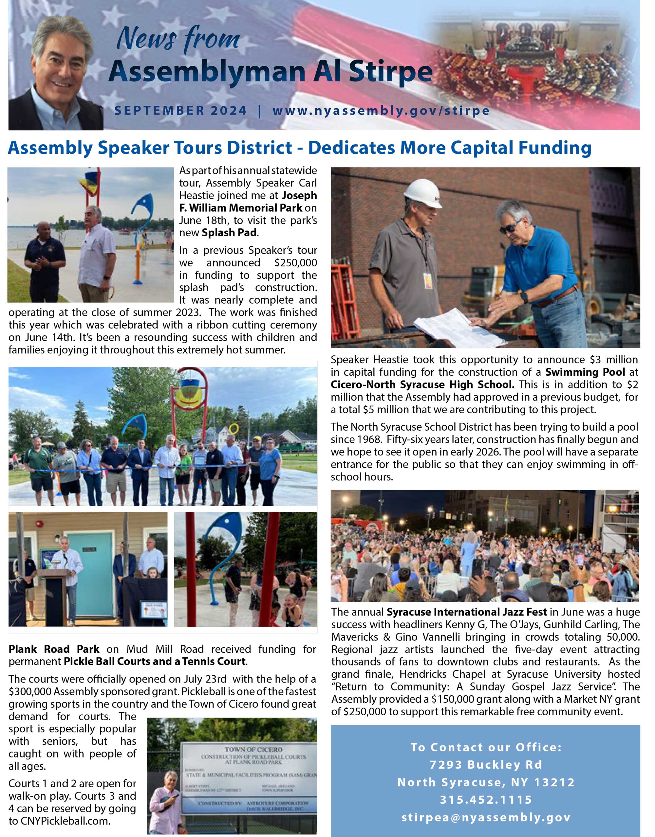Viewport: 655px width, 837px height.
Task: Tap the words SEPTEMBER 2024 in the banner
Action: point(180,111)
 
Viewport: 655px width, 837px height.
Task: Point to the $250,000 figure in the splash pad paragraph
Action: point(295,262)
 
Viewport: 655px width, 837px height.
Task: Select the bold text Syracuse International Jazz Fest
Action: point(466,612)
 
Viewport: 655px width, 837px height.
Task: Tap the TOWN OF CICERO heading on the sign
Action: point(253,749)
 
